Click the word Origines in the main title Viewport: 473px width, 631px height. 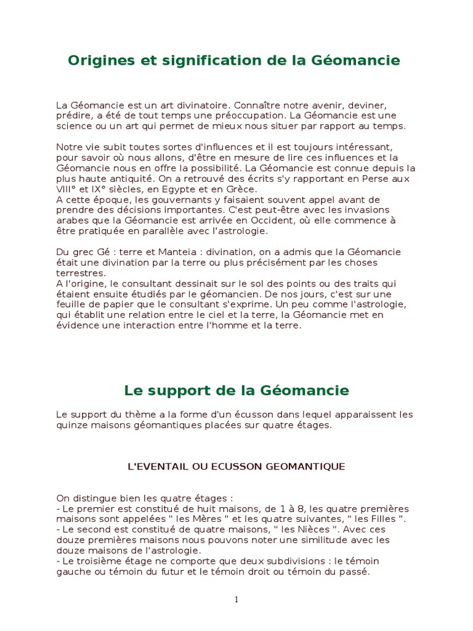(96, 60)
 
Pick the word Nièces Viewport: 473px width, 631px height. (312, 529)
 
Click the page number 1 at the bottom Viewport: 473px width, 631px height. (236, 600)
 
